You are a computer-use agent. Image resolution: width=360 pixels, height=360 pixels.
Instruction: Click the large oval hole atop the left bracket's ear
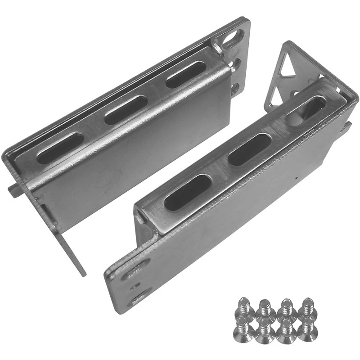click(234, 40)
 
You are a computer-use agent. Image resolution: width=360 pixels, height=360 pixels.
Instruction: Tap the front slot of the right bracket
click(188, 192)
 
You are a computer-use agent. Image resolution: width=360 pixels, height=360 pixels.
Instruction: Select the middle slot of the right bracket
click(249, 149)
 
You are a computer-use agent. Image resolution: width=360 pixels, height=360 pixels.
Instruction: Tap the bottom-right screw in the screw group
click(308, 328)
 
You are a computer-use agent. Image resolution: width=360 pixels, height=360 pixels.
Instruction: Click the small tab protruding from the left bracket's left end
click(14, 189)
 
